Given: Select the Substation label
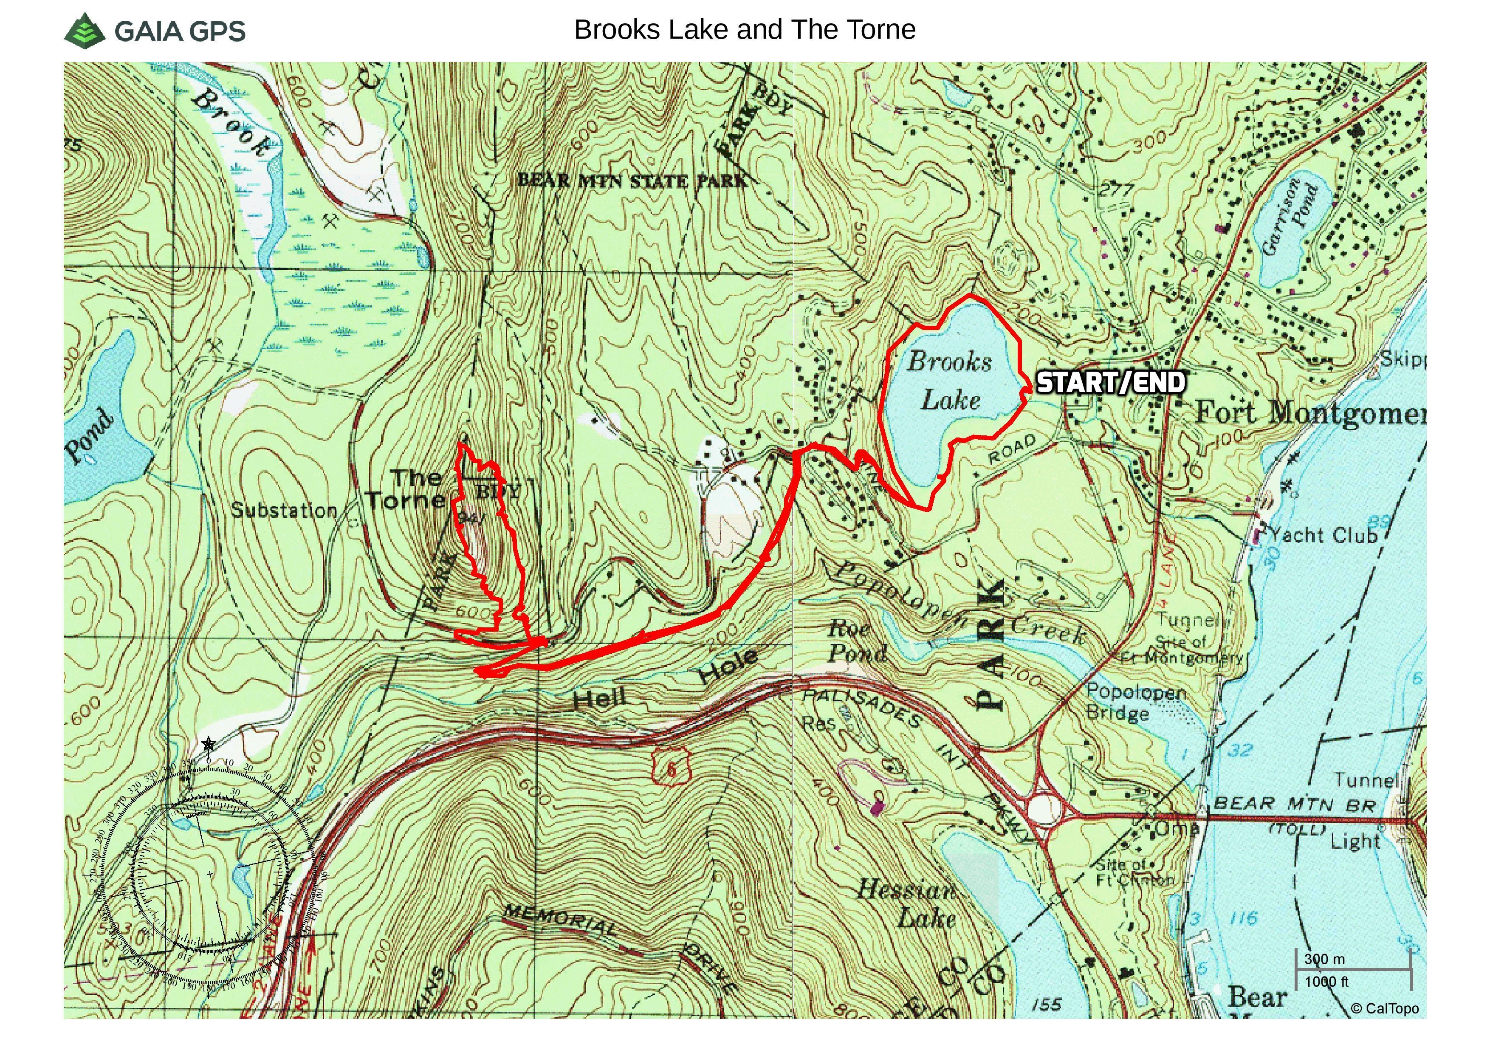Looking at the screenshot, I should pyautogui.click(x=284, y=511).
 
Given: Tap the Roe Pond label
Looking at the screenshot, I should pyautogui.click(x=857, y=641).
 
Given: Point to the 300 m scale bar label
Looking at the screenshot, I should pyautogui.click(x=1324, y=959).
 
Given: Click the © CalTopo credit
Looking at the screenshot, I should pyautogui.click(x=1384, y=1008).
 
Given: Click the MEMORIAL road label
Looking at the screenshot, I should pyautogui.click(x=562, y=920).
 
